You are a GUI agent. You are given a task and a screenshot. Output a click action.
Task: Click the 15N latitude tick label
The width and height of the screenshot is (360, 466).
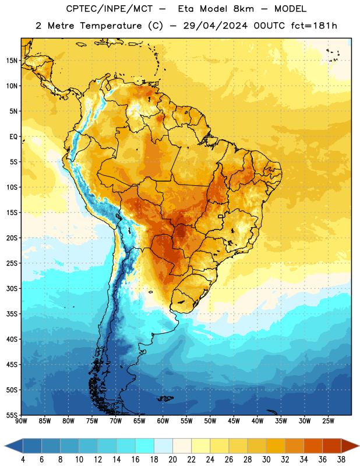12,61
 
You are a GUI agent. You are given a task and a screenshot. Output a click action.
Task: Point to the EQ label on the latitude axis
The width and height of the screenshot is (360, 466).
13,137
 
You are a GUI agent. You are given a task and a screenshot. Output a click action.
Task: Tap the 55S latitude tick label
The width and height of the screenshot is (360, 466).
12,415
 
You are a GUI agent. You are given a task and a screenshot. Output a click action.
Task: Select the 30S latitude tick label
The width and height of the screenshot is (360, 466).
12,288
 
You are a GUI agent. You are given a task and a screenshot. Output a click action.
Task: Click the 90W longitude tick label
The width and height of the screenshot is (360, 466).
21,421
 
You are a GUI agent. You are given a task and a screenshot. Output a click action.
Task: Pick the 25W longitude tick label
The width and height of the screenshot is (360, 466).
328,421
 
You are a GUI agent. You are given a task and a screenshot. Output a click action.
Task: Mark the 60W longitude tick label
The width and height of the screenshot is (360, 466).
163,421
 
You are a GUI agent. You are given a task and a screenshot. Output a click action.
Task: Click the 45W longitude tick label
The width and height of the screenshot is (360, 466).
234,421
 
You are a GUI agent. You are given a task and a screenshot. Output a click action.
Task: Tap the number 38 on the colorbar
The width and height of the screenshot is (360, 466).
341,460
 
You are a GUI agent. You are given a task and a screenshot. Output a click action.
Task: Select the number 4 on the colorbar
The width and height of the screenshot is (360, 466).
23,460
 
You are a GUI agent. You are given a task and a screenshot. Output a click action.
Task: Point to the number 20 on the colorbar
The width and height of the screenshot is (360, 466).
172,460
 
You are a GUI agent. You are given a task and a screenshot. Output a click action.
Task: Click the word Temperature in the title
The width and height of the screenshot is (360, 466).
111,26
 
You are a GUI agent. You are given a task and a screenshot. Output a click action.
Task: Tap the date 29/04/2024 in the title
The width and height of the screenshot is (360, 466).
215,26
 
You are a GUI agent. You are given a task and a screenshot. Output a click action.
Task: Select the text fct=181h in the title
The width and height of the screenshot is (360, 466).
314,26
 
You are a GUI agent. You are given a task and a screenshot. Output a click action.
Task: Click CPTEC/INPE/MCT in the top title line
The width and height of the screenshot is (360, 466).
110,9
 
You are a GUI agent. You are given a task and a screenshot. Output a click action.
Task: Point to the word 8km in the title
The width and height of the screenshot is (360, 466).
243,9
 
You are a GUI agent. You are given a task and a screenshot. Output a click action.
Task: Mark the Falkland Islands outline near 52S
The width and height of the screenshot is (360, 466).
165,398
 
